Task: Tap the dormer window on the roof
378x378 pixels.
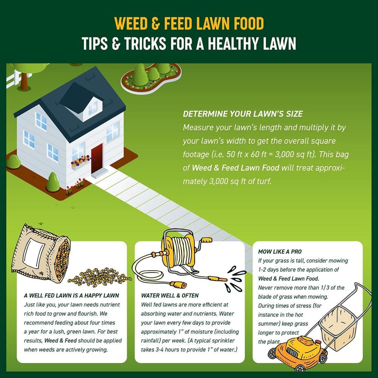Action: pos(93,108)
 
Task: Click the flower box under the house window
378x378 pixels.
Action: pos(81,163)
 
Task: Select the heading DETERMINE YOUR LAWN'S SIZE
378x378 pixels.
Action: pos(243,114)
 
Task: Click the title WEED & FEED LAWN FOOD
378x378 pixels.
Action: pos(189,23)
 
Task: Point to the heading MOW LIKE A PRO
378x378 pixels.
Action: pos(280,252)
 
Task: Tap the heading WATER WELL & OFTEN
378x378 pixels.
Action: pos(170,296)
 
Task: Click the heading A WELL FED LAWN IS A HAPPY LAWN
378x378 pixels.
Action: pos(71,296)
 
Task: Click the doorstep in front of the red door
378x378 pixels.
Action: pos(99,173)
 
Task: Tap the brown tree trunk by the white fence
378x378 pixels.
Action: pos(24,81)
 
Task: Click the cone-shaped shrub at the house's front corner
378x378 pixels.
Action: pos(53,182)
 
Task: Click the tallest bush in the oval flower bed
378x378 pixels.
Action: pos(141,75)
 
